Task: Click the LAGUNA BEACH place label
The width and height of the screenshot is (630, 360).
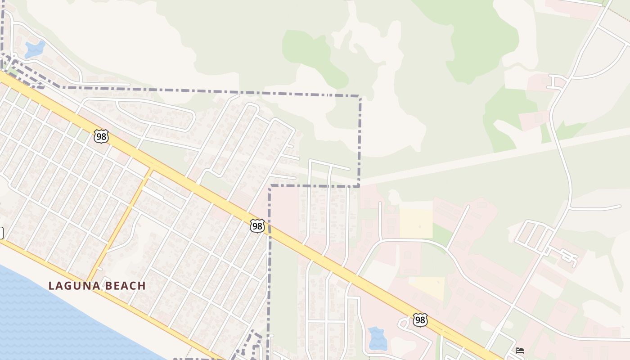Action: coord(97,286)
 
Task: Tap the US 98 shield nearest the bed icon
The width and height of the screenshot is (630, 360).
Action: coord(420,320)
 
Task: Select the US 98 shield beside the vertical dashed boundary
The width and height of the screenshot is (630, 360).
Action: coord(257,226)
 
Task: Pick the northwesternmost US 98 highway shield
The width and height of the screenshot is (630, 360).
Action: coord(101,136)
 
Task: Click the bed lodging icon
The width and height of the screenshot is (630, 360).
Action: coord(520,350)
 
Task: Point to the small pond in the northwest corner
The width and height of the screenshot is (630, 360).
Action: coord(35,49)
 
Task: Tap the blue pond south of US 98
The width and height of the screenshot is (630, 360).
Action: coord(377,338)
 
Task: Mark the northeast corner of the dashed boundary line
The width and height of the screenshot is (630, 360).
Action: coord(360,96)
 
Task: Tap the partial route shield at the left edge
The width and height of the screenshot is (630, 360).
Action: coord(1,233)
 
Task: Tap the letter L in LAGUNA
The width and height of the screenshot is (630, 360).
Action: coord(51,286)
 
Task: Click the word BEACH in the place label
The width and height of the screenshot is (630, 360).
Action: coord(126,286)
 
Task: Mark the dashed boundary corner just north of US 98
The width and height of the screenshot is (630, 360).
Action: coord(270,186)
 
